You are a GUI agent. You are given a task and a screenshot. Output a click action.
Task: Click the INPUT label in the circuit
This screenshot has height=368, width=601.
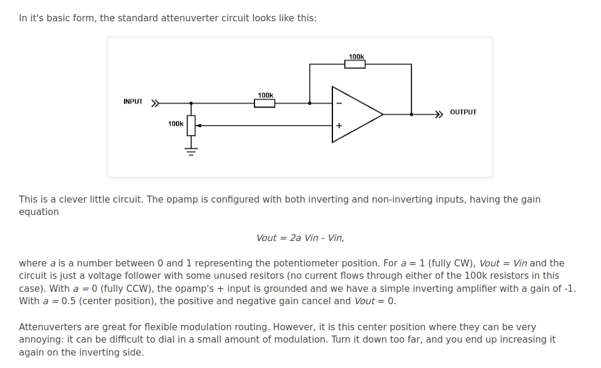133,102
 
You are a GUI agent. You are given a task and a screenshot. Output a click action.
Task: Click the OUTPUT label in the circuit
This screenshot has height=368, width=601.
463,112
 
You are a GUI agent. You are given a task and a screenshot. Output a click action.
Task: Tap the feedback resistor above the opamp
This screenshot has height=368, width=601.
355,64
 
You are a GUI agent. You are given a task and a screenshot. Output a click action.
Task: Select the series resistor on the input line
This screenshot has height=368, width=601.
264,103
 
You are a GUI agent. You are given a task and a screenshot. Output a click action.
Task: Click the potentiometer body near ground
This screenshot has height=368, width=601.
191,125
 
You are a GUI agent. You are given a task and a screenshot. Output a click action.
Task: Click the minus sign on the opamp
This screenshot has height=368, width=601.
339,103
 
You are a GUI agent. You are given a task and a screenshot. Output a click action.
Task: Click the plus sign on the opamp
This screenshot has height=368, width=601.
339,125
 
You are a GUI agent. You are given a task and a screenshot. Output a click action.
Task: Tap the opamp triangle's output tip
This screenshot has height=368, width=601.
383,114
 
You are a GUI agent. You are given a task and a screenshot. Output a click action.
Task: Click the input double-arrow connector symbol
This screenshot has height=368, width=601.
155,103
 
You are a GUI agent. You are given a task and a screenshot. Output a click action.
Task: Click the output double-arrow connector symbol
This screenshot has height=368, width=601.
439,114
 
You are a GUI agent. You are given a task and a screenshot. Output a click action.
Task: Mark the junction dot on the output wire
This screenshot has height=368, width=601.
411,114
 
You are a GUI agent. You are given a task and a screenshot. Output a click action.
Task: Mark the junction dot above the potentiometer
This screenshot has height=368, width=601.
191,103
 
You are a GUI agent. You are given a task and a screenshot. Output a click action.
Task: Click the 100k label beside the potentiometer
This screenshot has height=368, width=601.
175,124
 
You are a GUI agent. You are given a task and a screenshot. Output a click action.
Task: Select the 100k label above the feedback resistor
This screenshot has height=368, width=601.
357,57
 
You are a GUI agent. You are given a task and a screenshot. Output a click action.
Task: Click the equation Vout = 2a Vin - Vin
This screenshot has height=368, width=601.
300,238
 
